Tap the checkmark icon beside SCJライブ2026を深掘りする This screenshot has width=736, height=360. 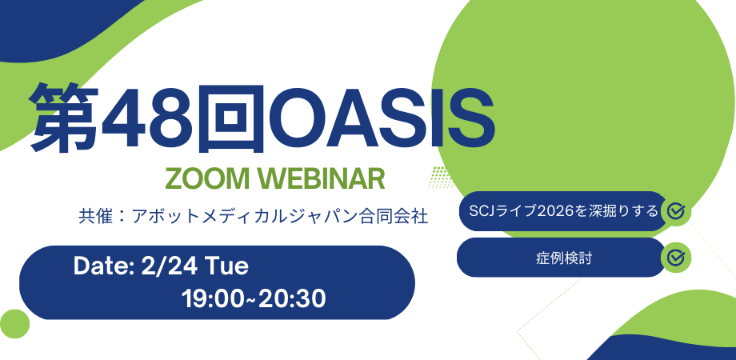click(x=676, y=211)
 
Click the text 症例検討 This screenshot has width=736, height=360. click(x=564, y=258)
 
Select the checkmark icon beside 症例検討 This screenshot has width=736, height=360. click(x=676, y=258)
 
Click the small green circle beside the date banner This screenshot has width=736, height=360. click(x=14, y=324)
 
